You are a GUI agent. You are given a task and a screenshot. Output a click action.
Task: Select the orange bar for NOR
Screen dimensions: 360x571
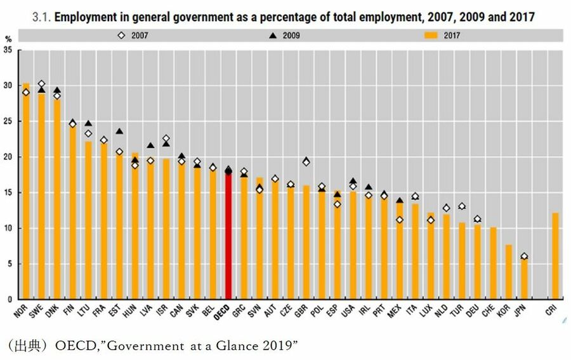(26, 190)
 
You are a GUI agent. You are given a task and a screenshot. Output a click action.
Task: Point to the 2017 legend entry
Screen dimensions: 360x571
(447, 36)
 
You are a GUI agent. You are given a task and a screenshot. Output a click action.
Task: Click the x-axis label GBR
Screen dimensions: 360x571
(302, 312)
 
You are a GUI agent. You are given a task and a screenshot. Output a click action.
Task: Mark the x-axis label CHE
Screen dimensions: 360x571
(489, 312)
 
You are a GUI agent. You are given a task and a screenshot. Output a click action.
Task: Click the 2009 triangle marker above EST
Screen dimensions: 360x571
(119, 131)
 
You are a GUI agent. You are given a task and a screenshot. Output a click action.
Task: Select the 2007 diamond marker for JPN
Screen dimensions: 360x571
(524, 257)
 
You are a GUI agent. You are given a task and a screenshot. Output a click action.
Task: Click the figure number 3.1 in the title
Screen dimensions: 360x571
(43, 17)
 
